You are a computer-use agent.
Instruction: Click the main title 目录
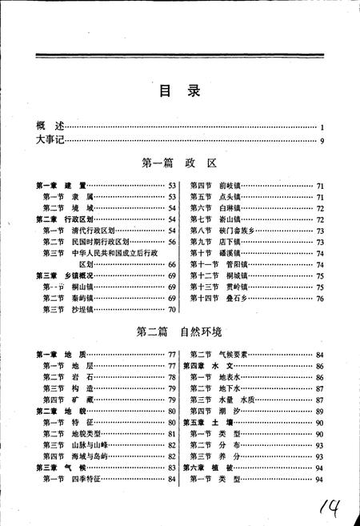click(179, 90)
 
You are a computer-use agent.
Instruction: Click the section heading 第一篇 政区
click(179, 163)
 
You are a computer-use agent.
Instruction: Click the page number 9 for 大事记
click(321, 142)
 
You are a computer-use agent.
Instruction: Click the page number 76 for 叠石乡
click(318, 298)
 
